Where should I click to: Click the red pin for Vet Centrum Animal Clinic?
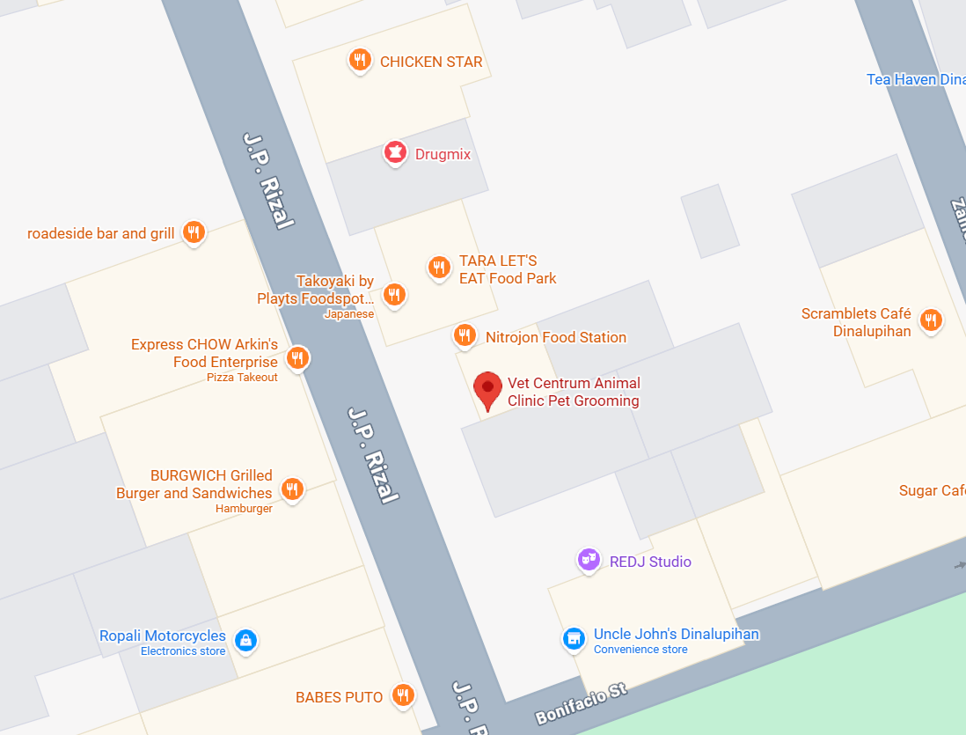487,388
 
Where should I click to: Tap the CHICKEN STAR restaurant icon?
359,61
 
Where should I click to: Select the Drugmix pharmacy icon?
395,153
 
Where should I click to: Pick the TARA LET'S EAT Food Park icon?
438,268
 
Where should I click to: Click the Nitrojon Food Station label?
555,337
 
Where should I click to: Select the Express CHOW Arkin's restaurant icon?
298,356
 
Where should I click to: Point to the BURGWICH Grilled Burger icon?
292,489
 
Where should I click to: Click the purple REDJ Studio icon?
589,559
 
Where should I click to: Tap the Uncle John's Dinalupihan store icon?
574,639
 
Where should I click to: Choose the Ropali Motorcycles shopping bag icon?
246,640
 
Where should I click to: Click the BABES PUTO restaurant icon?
403,695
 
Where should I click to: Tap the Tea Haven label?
915,79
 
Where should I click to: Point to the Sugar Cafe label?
931,490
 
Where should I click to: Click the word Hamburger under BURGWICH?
244,509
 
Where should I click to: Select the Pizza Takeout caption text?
242,378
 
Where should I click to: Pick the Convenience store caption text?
640,650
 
